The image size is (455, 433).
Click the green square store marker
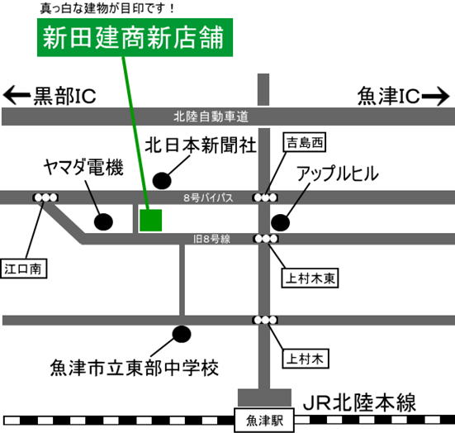point(150,221)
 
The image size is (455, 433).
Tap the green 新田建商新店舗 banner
point(135,37)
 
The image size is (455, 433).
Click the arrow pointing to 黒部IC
point(17,95)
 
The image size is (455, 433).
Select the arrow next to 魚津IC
point(435,96)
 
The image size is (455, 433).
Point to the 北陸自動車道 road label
point(211,117)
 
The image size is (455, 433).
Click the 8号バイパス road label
point(208,197)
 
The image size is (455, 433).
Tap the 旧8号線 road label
point(212,240)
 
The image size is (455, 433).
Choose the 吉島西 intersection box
point(305,142)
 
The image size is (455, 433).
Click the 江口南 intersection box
point(23,269)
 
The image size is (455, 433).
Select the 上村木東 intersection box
point(310,278)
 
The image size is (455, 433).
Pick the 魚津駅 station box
point(264,421)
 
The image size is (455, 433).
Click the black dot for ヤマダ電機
point(103,222)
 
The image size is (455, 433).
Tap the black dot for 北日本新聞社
point(162,181)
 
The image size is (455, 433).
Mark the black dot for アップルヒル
point(280,223)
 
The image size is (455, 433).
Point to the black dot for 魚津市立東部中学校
point(182,334)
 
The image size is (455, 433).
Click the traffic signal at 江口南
point(46,197)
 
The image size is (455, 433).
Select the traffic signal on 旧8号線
point(266,239)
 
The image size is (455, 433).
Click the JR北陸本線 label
point(359,403)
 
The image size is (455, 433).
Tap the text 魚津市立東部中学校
point(135,368)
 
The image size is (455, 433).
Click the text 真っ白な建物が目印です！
point(107,8)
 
